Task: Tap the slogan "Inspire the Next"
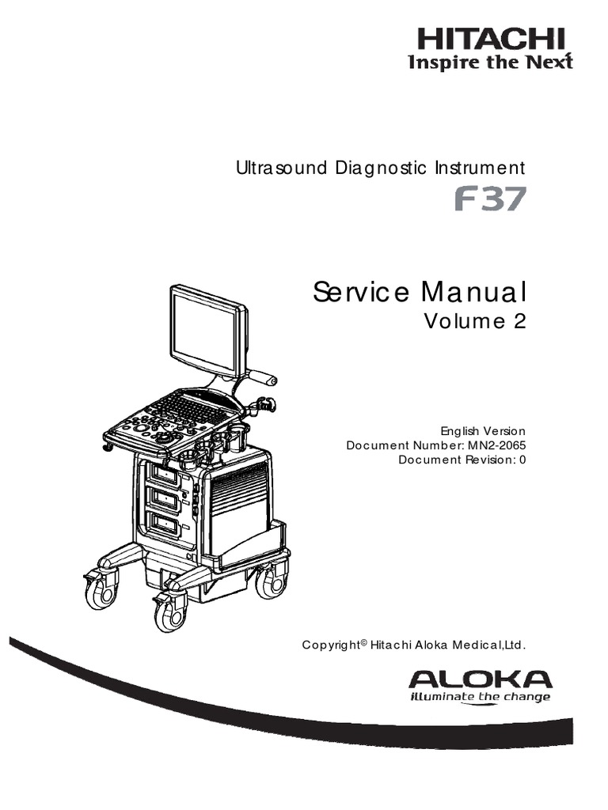click(489, 62)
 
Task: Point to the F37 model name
click(489, 200)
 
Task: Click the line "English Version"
click(483, 431)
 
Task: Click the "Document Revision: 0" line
click(462, 460)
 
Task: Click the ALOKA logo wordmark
click(481, 679)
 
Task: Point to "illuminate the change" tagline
click(479, 697)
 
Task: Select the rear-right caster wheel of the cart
click(272, 581)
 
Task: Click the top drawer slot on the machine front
click(165, 475)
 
